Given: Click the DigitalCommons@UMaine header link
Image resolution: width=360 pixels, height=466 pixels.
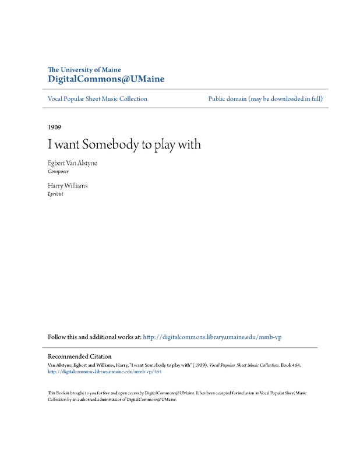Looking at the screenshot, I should coord(105,79).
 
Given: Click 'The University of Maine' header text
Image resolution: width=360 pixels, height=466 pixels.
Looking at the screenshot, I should coord(84,70).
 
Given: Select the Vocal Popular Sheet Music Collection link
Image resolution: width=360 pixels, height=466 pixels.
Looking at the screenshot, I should coord(97,99).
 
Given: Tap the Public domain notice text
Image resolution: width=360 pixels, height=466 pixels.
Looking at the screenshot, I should coord(265,99).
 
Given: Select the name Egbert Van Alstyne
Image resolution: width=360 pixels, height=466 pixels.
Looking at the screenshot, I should coord(72,163).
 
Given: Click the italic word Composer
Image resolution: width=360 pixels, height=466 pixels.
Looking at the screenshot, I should coord(58,172).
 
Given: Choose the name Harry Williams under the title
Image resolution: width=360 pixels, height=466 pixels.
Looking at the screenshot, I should coord(68,185).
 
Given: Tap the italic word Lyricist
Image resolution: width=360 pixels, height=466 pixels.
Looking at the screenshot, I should coord(55,194).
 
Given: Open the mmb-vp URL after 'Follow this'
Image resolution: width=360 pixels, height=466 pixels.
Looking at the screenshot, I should coord(212,337).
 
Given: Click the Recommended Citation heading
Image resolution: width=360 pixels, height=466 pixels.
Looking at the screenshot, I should coord(79,356).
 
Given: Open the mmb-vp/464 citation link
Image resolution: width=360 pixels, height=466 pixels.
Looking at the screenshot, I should coord(104,371).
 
